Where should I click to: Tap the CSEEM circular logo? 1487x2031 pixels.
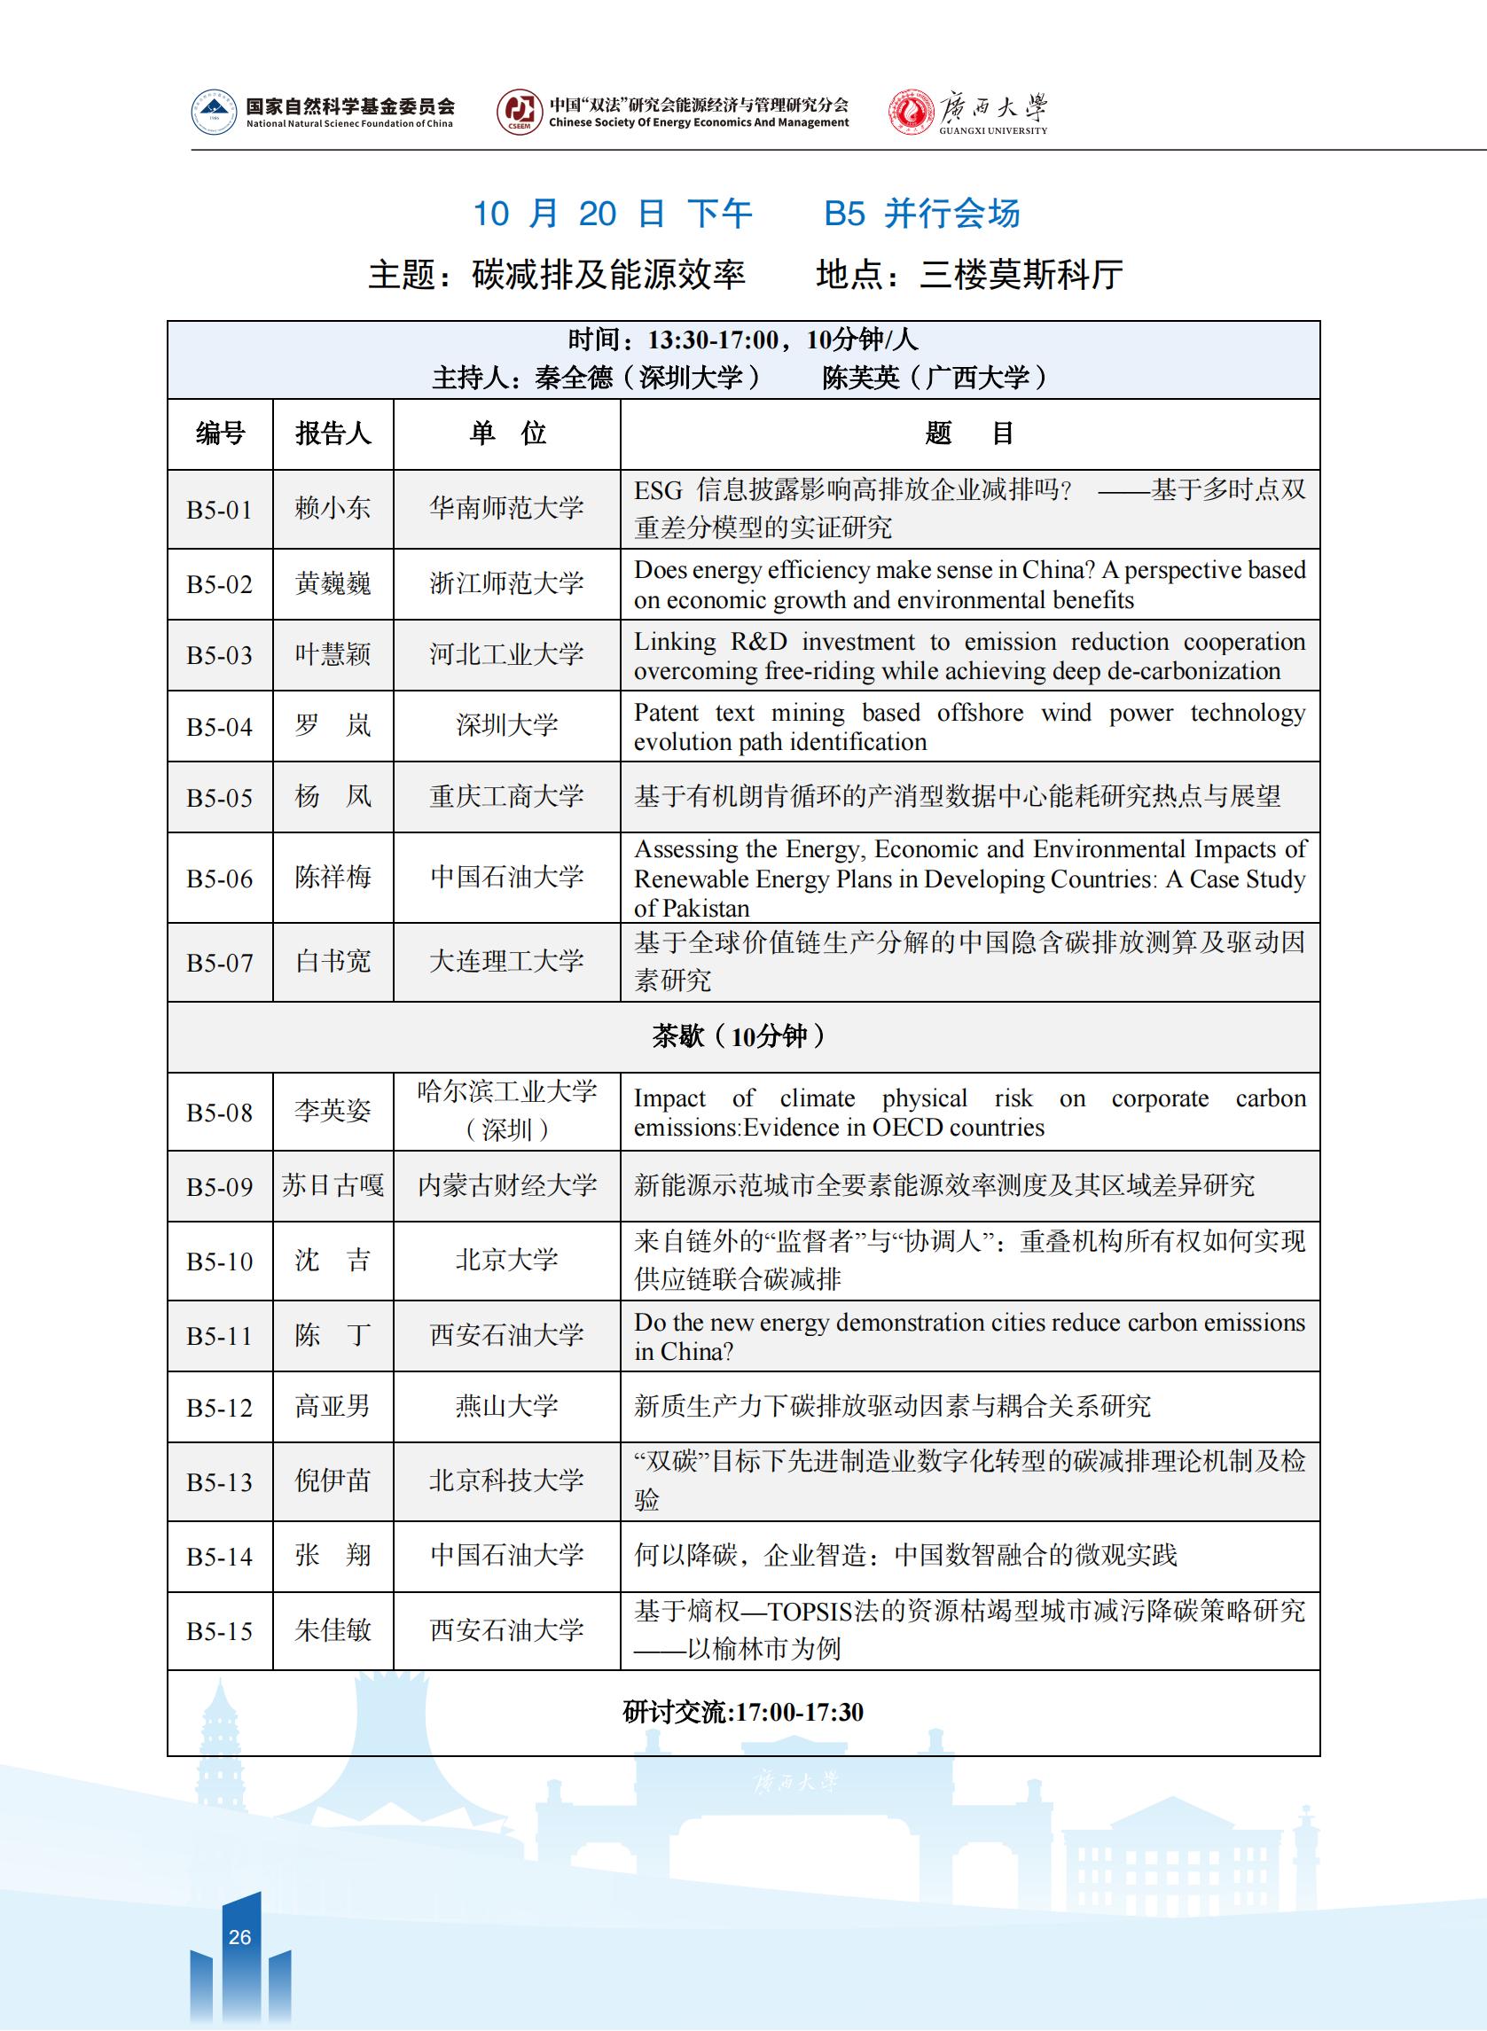click(x=520, y=113)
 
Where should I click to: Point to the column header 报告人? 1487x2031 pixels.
click(x=333, y=434)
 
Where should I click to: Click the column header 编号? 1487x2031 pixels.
click(x=221, y=434)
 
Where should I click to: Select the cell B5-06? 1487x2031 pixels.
click(x=220, y=879)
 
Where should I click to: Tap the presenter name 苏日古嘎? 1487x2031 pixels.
click(x=333, y=1186)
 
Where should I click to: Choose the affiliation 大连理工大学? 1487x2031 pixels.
click(x=507, y=962)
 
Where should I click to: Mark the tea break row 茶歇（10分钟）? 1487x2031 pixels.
click(x=742, y=1036)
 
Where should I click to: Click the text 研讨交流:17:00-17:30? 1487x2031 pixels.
click(x=742, y=1712)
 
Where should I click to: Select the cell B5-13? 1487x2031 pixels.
click(x=220, y=1482)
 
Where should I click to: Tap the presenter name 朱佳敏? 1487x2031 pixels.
click(x=333, y=1629)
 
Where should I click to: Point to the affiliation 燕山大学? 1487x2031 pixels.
click(x=507, y=1407)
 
